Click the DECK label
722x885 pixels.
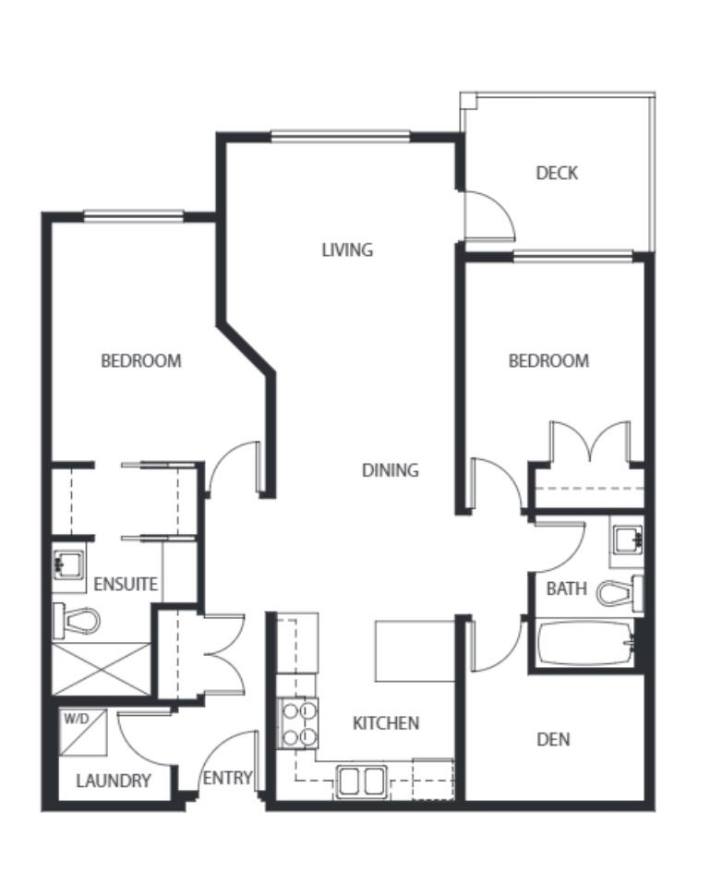(557, 173)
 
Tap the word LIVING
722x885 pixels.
(347, 249)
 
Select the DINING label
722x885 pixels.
(391, 469)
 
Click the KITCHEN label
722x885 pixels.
(386, 723)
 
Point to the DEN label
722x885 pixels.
(553, 739)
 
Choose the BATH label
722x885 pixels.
(566, 588)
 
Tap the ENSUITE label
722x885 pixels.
(126, 584)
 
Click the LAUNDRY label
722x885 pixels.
(114, 782)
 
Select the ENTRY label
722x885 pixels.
(227, 779)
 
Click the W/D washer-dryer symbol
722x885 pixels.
(83, 732)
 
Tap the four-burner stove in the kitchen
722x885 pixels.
(298, 723)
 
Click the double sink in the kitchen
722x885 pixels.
(362, 782)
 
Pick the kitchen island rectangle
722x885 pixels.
(415, 650)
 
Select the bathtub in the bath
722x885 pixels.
(585, 643)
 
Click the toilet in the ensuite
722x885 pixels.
(76, 621)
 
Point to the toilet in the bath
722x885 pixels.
(620, 593)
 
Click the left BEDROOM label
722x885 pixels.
(141, 360)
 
